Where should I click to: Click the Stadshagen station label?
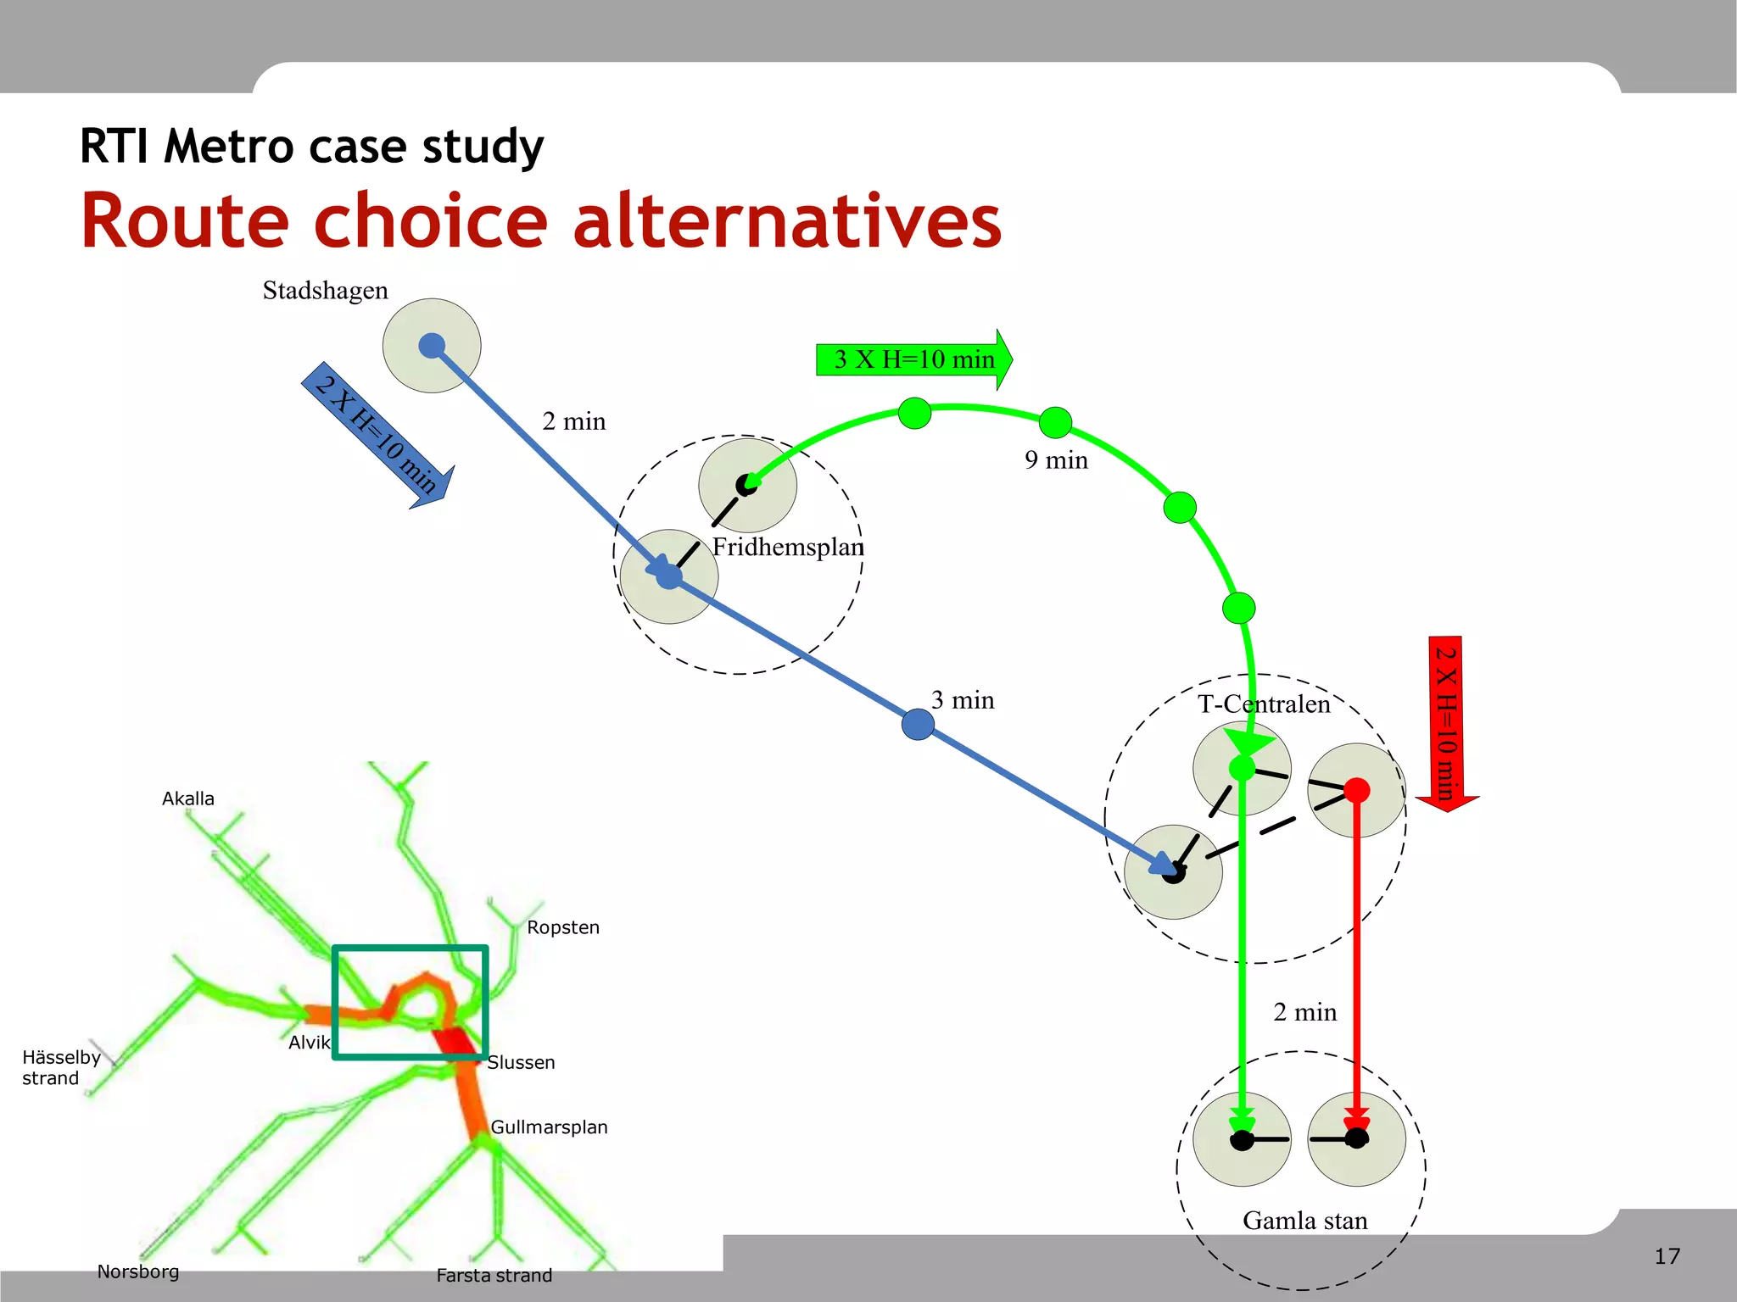coord(325,291)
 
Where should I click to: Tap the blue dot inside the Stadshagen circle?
coord(432,346)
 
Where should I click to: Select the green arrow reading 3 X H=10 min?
coord(913,359)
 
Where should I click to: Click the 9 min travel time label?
coord(1056,460)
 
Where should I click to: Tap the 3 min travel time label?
coord(963,700)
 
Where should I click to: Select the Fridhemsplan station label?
coord(788,548)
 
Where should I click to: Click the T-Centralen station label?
coord(1264,704)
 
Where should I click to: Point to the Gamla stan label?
coord(1305,1221)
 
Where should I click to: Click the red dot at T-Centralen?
coord(1357,790)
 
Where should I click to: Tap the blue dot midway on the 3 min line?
coord(918,725)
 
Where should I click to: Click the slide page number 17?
coord(1667,1256)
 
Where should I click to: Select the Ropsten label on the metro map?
coord(563,927)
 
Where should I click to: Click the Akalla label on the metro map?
coord(188,798)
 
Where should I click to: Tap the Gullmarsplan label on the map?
coord(550,1127)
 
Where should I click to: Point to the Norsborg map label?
coord(138,1271)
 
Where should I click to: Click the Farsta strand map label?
coord(494,1276)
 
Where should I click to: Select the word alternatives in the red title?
coord(788,221)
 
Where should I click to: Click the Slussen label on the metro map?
coord(522,1063)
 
